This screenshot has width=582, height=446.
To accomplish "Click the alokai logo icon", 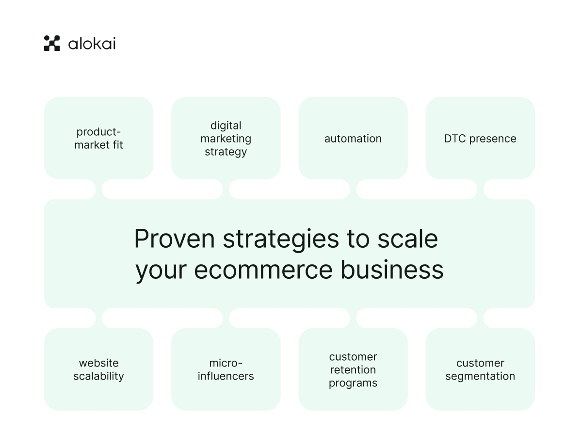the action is coord(52,43).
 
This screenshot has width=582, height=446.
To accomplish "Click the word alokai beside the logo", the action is coord(92,44).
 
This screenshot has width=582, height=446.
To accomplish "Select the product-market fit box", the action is coord(98,138).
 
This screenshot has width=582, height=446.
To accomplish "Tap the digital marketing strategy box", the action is coord(226,138).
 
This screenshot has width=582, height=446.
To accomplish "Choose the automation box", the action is coord(353,138).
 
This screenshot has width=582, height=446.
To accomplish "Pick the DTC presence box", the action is coord(480,138).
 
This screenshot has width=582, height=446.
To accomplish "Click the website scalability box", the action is coord(98,369).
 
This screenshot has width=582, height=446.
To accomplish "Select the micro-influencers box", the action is coord(226,369).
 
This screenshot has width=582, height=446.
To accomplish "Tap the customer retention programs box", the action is coord(353,369).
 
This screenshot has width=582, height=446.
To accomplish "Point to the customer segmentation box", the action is coord(480,369).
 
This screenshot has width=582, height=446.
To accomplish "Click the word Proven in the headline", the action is coord(175,239).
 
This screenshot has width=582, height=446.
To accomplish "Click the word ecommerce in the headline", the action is coord(263,270).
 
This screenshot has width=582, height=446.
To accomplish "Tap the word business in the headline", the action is coord(392,269).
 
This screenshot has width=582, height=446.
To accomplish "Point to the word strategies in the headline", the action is coord(281,239).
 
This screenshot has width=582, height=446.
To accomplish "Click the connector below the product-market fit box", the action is coord(98,189).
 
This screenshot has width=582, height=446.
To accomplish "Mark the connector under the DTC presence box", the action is coord(480,189).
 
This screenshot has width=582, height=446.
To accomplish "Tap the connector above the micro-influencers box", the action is coord(226,319).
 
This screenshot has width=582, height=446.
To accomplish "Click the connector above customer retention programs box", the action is coord(353,319).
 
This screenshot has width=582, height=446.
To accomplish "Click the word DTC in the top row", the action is coord(455,139).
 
